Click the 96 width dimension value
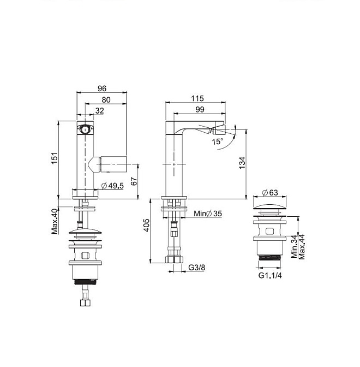coord(102,88)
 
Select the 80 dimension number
coord(106,100)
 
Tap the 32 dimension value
coord(100,110)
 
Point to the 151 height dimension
coord(54,158)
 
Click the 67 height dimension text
coord(134,181)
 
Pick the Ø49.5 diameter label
coord(112,186)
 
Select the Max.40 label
coord(55,221)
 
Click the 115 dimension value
coord(197,98)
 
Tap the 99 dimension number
coord(200,109)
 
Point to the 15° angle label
coord(218,141)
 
